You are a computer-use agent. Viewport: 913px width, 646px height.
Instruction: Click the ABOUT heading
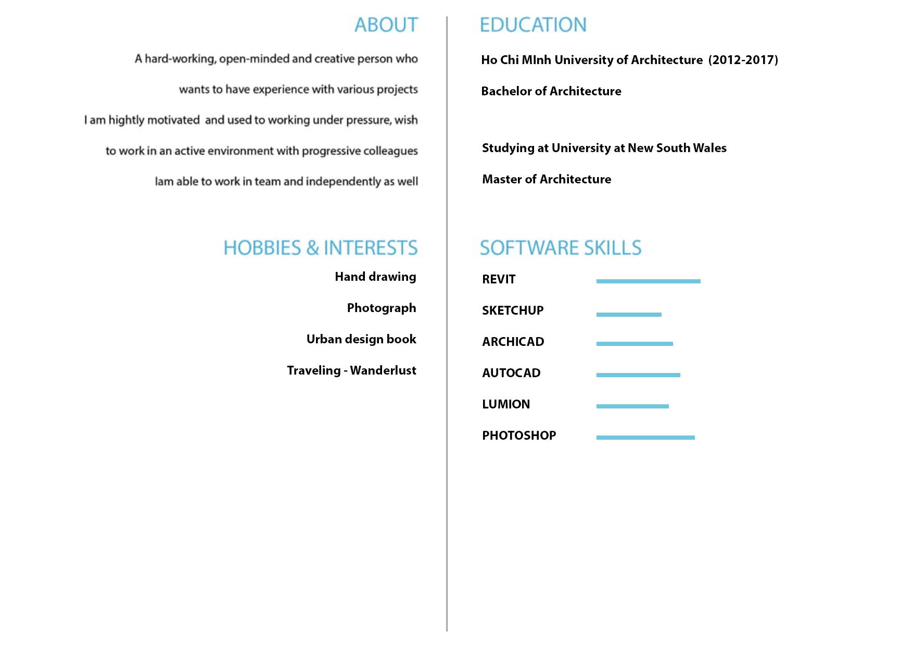click(x=386, y=25)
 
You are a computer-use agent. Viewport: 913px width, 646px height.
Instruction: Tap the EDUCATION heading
click(x=533, y=25)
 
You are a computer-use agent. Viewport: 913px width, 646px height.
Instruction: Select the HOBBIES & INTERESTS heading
click(x=320, y=248)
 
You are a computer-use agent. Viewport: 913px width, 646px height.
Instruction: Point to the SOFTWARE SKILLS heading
click(x=561, y=248)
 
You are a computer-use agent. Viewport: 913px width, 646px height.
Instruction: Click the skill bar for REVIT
click(x=648, y=281)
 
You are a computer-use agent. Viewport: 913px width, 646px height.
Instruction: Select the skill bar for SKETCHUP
click(x=629, y=315)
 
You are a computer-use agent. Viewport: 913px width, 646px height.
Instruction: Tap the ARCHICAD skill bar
click(x=635, y=344)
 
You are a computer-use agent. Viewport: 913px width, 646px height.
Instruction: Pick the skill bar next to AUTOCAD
click(x=638, y=375)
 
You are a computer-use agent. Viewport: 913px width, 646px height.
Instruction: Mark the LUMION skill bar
click(x=632, y=406)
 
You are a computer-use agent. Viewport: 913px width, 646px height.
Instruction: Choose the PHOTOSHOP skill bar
click(x=645, y=438)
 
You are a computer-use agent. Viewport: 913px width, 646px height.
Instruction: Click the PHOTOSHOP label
click(x=519, y=436)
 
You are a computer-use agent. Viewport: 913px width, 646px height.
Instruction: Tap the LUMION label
click(x=506, y=404)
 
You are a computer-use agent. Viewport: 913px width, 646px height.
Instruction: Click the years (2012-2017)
click(x=743, y=60)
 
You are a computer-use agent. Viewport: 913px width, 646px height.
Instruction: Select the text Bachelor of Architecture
click(x=551, y=91)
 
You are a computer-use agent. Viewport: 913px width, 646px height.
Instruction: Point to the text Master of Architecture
click(x=547, y=179)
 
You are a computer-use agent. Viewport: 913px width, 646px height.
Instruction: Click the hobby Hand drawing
click(x=375, y=277)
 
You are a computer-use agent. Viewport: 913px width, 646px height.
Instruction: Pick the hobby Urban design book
click(x=361, y=339)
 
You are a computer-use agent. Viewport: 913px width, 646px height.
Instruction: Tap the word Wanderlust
click(x=383, y=370)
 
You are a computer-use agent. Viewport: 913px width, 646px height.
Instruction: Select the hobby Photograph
click(x=382, y=308)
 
